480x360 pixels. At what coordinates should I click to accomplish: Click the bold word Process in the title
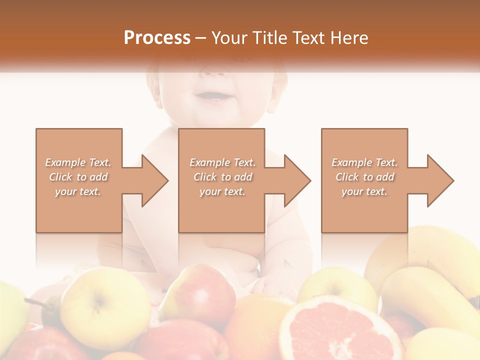(x=157, y=37)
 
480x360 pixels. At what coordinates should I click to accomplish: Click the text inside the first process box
(x=78, y=177)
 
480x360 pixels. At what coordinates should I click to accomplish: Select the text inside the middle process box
(x=222, y=177)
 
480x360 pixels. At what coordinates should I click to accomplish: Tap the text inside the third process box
(x=364, y=177)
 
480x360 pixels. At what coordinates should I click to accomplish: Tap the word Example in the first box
(x=65, y=162)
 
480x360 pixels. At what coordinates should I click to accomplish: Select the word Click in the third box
(x=347, y=177)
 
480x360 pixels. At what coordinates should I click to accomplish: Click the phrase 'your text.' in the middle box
(x=222, y=191)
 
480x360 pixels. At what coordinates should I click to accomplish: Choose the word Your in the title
(x=228, y=37)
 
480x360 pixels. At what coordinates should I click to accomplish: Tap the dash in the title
(x=201, y=37)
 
